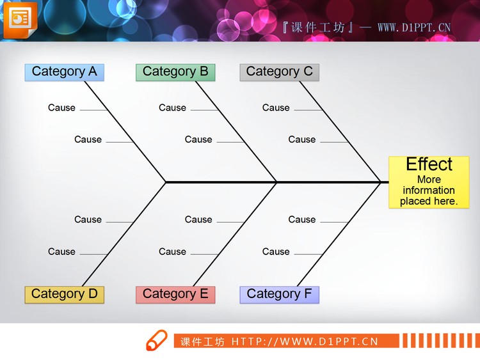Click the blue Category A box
64,72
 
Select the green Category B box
175,72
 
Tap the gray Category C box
279,72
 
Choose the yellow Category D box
64,294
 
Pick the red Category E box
175,294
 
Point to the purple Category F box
279,294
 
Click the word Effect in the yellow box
429,164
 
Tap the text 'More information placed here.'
429,191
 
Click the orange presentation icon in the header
20,20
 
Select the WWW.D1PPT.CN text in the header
414,27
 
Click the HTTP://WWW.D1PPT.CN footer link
305,341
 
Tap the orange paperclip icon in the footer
156,341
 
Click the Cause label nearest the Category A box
61,107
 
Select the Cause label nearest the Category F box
276,251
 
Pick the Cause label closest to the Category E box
172,251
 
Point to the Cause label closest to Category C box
276,107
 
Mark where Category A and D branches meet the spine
166,182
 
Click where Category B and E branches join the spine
276,182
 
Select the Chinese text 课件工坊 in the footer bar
202,341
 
